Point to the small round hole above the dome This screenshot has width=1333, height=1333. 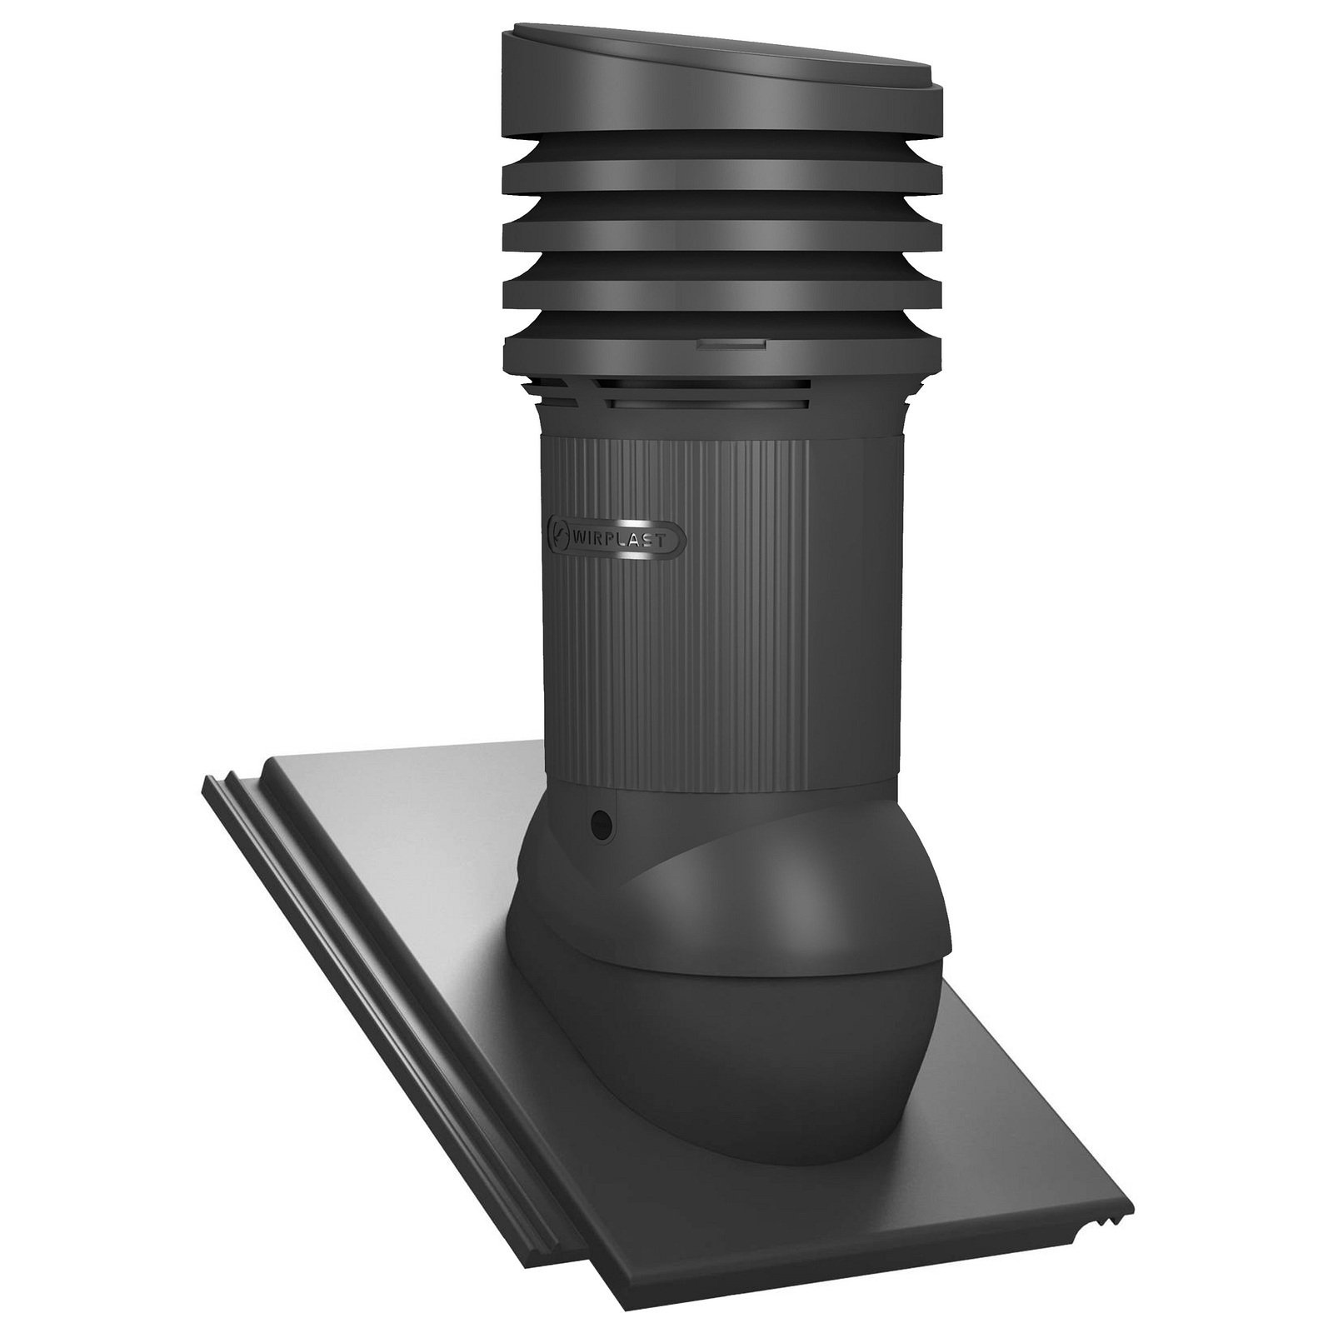tap(600, 825)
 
